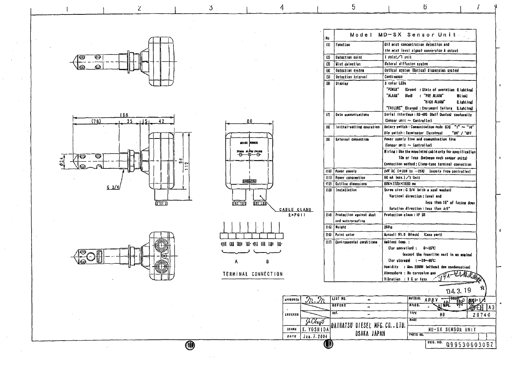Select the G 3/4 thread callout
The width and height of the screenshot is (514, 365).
tap(114, 189)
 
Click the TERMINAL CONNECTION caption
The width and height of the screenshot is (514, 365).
tap(253, 274)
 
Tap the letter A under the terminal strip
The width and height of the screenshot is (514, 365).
tap(237, 261)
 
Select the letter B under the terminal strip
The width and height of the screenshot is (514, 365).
tap(267, 261)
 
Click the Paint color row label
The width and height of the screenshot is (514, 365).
tap(347, 234)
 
